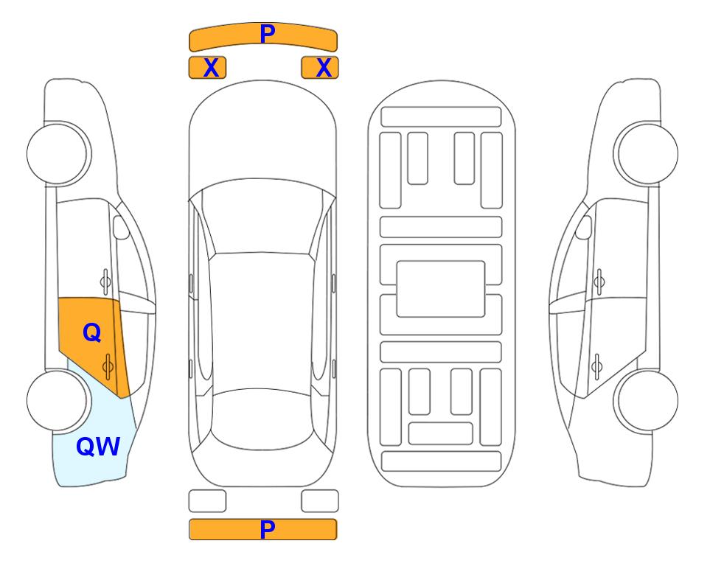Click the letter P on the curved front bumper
pos(268,33)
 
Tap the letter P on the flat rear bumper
pos(268,529)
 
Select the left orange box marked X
pos(207,68)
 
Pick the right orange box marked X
pos(320,68)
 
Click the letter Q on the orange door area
pos(92,333)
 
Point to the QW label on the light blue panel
pos(98,447)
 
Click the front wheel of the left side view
pos(58,153)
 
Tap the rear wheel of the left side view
pos(58,400)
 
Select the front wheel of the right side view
pos(646,153)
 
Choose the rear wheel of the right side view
pos(646,400)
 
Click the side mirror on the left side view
pos(120,227)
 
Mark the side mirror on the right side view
pos(584,227)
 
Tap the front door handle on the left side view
pos(105,282)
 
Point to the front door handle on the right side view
pos(599,282)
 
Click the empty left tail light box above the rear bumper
pos(207,501)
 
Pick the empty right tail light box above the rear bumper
pos(320,501)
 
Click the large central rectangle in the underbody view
pos(441,289)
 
